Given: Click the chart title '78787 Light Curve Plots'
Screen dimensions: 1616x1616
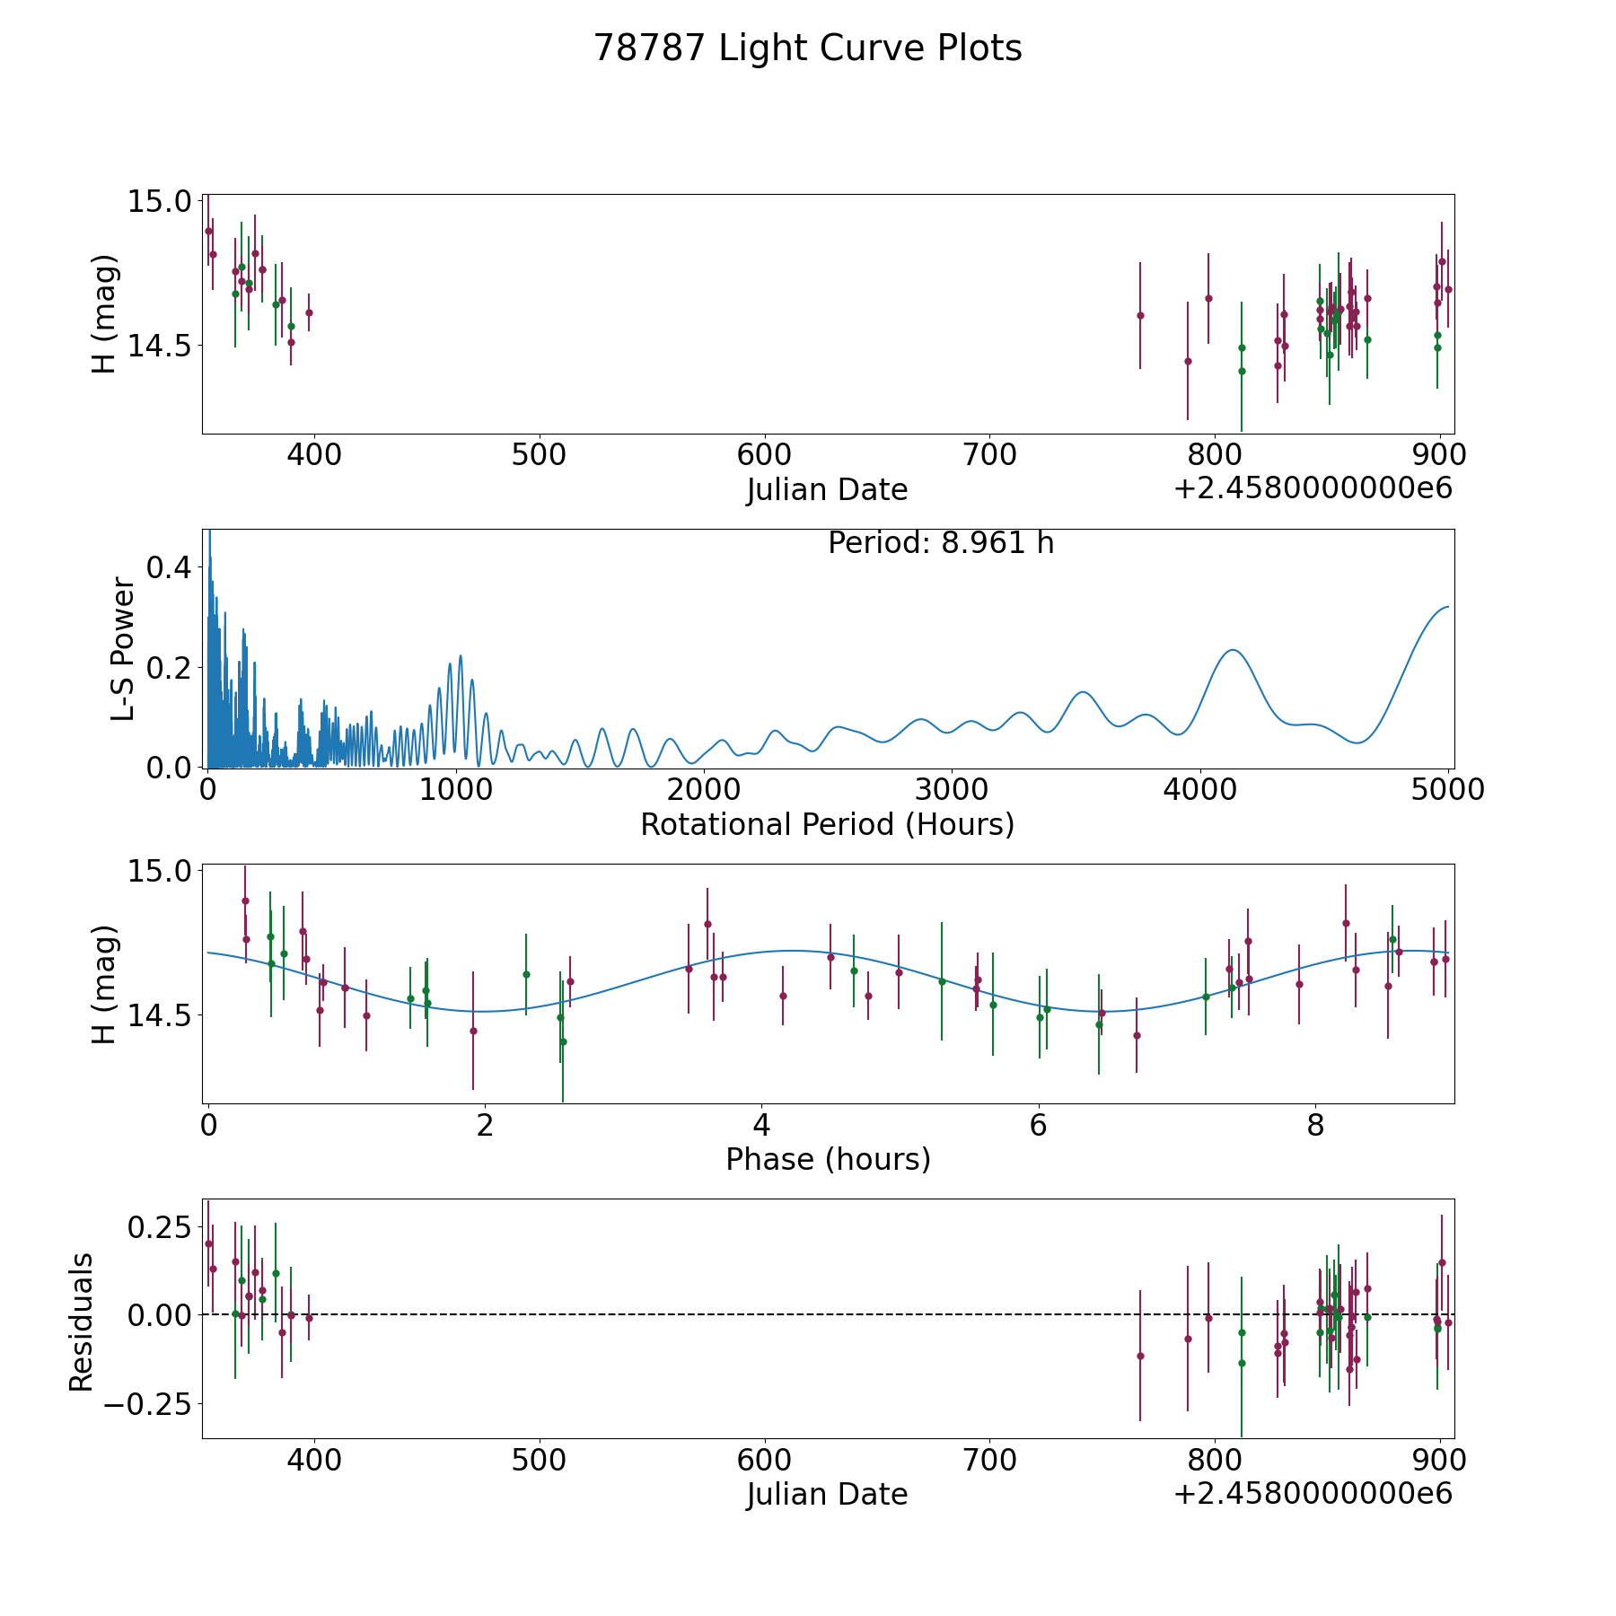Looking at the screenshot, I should pyautogui.click(x=807, y=48).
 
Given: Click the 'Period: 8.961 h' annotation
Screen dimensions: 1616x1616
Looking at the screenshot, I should pyautogui.click(x=940, y=543).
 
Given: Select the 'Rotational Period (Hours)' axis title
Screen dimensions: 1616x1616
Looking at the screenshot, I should pyautogui.click(x=827, y=824).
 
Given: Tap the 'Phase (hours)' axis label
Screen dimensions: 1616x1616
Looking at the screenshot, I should pyautogui.click(x=827, y=1159).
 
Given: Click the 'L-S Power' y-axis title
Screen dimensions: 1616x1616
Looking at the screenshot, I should pyautogui.click(x=123, y=649).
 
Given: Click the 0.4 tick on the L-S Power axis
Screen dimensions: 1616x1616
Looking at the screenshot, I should pyautogui.click(x=170, y=567).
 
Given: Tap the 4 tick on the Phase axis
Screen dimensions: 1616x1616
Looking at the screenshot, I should pyautogui.click(x=761, y=1126).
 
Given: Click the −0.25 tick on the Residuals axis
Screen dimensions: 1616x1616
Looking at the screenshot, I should pyautogui.click(x=148, y=1403).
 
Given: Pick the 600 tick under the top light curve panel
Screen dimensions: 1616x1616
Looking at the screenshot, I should pyautogui.click(x=764, y=455).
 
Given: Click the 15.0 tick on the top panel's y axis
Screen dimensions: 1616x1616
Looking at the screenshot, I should pyautogui.click(x=159, y=201).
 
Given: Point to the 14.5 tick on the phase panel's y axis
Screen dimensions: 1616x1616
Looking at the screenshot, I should pyautogui.click(x=159, y=1015).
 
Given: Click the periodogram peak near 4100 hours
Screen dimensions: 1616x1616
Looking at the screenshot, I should pyautogui.click(x=1233, y=650).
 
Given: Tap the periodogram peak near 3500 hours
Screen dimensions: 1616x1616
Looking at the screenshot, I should pyautogui.click(x=1084, y=692).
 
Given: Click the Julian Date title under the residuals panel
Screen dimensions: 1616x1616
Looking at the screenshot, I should pyautogui.click(x=827, y=1494).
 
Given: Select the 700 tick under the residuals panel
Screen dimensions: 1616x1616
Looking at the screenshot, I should pyautogui.click(x=989, y=1460).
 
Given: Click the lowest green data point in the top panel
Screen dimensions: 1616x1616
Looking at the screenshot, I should pyautogui.click(x=1242, y=371).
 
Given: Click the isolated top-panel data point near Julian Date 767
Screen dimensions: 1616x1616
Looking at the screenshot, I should pyautogui.click(x=1140, y=315).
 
